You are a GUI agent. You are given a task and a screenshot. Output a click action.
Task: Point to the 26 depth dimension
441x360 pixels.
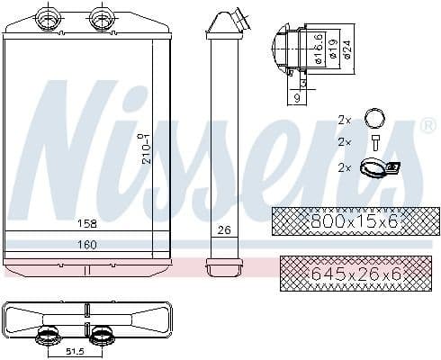223,230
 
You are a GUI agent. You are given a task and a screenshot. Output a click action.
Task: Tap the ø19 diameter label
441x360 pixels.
334,45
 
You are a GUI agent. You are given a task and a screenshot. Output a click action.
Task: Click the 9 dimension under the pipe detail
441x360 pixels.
297,97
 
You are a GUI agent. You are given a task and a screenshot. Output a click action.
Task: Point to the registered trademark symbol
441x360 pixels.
427,126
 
